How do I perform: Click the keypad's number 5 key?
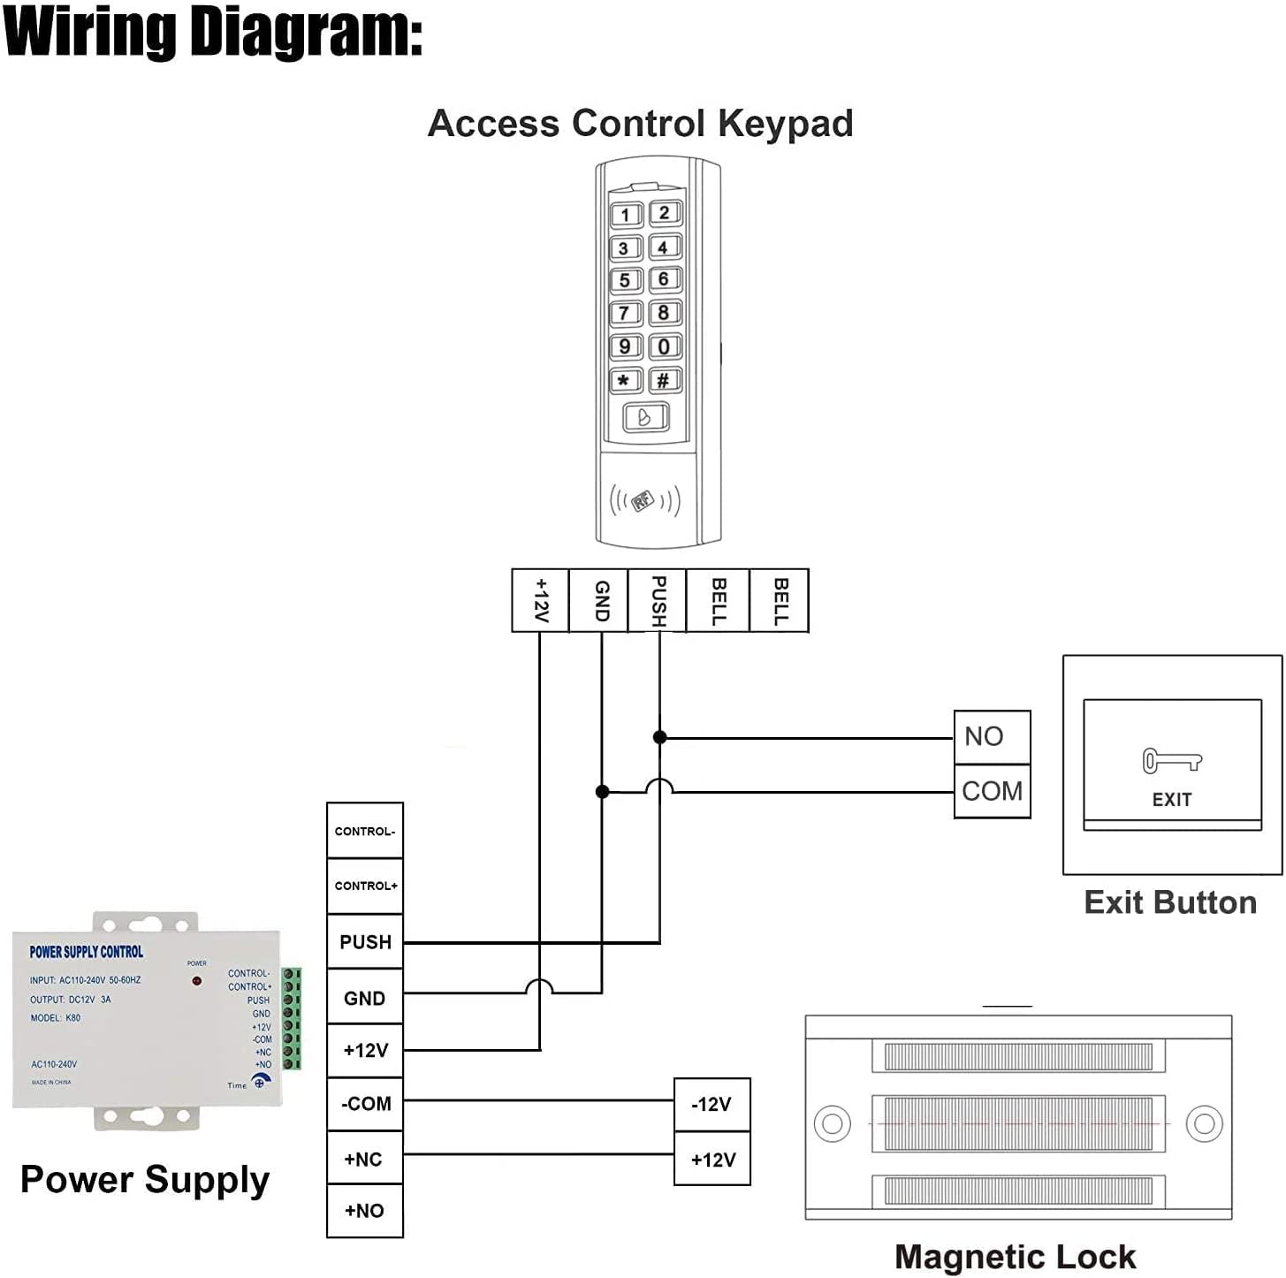click(625, 281)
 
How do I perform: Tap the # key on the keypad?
click(664, 381)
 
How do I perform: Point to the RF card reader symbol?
click(644, 501)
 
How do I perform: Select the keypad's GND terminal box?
click(599, 600)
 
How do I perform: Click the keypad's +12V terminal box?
click(541, 600)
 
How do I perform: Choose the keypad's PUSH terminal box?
click(658, 600)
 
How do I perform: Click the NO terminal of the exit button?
click(992, 736)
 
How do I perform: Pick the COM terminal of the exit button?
click(992, 791)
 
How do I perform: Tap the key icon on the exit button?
click(1172, 761)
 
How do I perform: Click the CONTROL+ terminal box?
click(365, 886)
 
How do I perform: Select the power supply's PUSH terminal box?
click(365, 942)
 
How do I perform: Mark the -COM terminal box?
click(365, 1104)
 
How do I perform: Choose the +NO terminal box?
click(365, 1211)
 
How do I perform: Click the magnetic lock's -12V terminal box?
click(711, 1105)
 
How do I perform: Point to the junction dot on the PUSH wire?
click(659, 737)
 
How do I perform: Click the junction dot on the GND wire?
click(602, 792)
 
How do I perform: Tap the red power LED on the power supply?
click(197, 981)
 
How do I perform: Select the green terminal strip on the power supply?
click(292, 1019)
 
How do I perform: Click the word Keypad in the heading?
click(785, 124)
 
